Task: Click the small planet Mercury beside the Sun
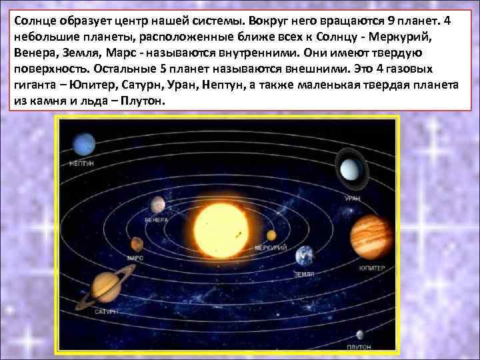coord(272,235)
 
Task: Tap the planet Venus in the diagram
coord(157,203)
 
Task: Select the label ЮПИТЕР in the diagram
coord(372,268)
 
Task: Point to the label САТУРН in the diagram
coord(106,311)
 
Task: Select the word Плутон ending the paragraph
coord(141,101)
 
